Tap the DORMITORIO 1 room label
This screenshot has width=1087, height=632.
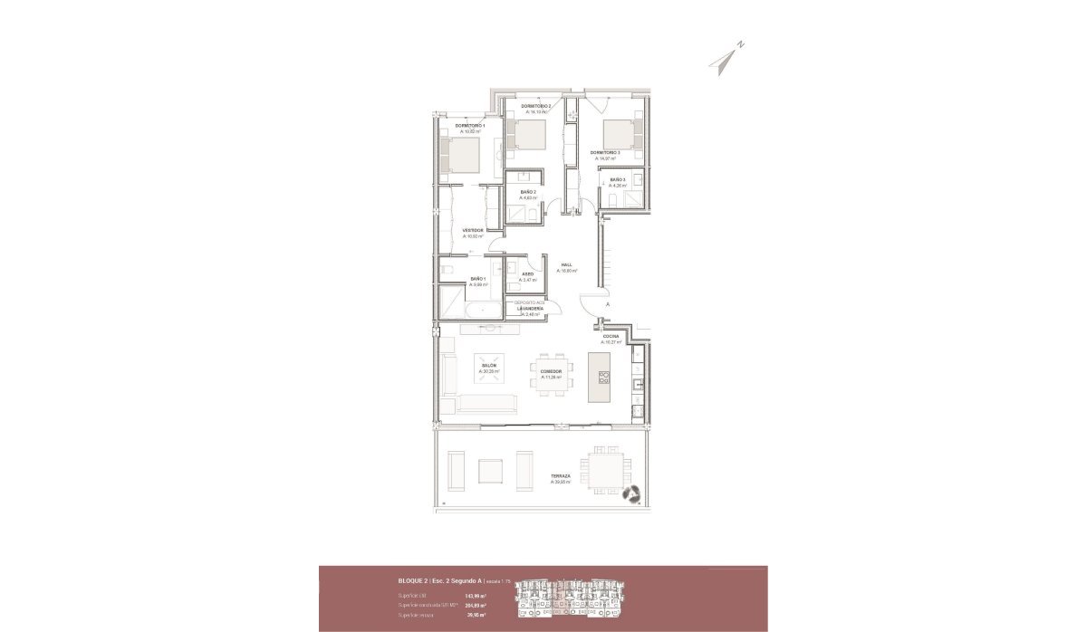(471, 126)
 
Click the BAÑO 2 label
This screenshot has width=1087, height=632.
(528, 192)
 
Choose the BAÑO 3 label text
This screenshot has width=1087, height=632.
(618, 180)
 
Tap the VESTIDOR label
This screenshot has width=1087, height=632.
(472, 231)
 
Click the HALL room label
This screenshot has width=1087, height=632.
(566, 265)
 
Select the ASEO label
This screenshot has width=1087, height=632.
(527, 273)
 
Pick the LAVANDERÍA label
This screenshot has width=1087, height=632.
(530, 309)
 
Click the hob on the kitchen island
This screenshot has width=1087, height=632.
(604, 379)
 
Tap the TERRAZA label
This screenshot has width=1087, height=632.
(560, 475)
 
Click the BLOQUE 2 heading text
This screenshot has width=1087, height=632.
(413, 579)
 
